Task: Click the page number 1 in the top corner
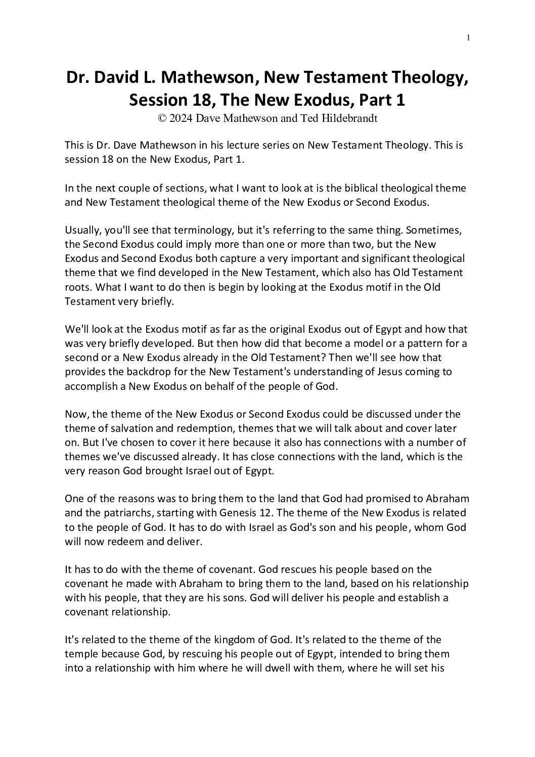469,37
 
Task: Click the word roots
77,287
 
